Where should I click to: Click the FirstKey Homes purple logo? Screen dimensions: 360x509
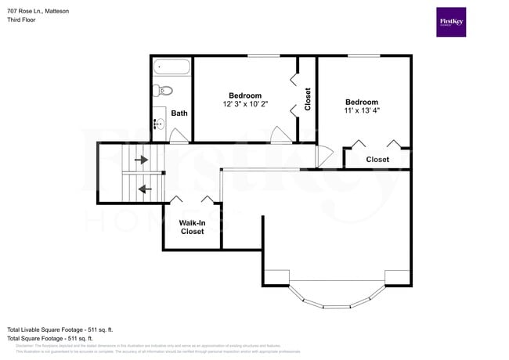click(x=451, y=22)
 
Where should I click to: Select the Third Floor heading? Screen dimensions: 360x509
click(x=21, y=20)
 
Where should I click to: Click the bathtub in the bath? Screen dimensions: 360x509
click(x=171, y=68)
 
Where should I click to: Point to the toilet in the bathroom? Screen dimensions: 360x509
click(x=159, y=90)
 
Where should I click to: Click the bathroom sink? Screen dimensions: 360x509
click(x=160, y=121)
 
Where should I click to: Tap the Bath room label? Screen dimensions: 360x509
click(x=179, y=113)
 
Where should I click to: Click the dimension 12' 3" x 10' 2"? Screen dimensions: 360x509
click(x=245, y=105)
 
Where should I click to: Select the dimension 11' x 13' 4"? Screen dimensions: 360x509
click(x=362, y=111)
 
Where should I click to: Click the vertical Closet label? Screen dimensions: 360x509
click(x=308, y=99)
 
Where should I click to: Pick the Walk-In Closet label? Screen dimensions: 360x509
click(x=193, y=227)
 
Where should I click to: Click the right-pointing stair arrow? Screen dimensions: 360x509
click(x=141, y=160)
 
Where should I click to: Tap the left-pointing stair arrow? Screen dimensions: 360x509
click(x=145, y=189)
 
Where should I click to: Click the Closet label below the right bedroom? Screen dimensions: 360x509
click(x=377, y=160)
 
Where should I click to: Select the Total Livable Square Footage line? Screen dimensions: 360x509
click(x=60, y=329)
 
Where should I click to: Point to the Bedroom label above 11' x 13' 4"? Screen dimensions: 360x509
click(x=362, y=102)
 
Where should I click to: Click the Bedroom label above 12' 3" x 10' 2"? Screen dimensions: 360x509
click(x=245, y=95)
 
